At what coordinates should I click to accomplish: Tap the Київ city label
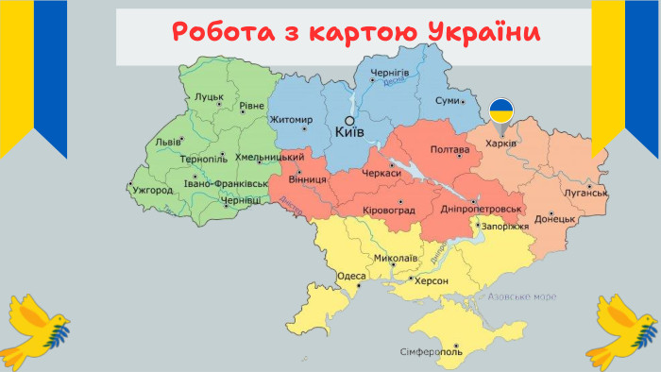point(349,134)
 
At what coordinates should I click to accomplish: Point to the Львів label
point(168,143)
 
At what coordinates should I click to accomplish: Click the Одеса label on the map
point(351,276)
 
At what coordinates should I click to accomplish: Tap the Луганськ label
point(583,193)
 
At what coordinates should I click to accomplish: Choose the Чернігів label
point(390,73)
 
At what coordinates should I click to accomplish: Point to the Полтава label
point(449,150)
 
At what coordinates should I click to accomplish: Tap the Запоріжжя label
point(504,228)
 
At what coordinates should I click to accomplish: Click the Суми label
point(447,100)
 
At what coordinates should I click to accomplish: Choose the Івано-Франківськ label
point(225,183)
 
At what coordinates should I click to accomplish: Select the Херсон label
point(431,281)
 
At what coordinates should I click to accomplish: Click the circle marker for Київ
point(348,121)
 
